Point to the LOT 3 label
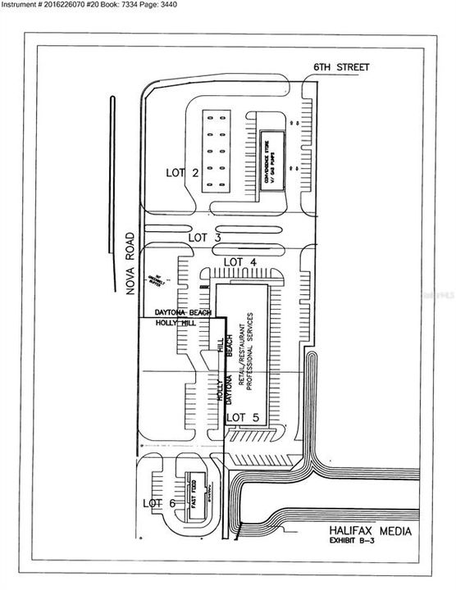(x=205, y=237)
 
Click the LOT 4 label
(x=240, y=261)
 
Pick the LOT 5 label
(x=242, y=417)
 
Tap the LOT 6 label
(x=160, y=502)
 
